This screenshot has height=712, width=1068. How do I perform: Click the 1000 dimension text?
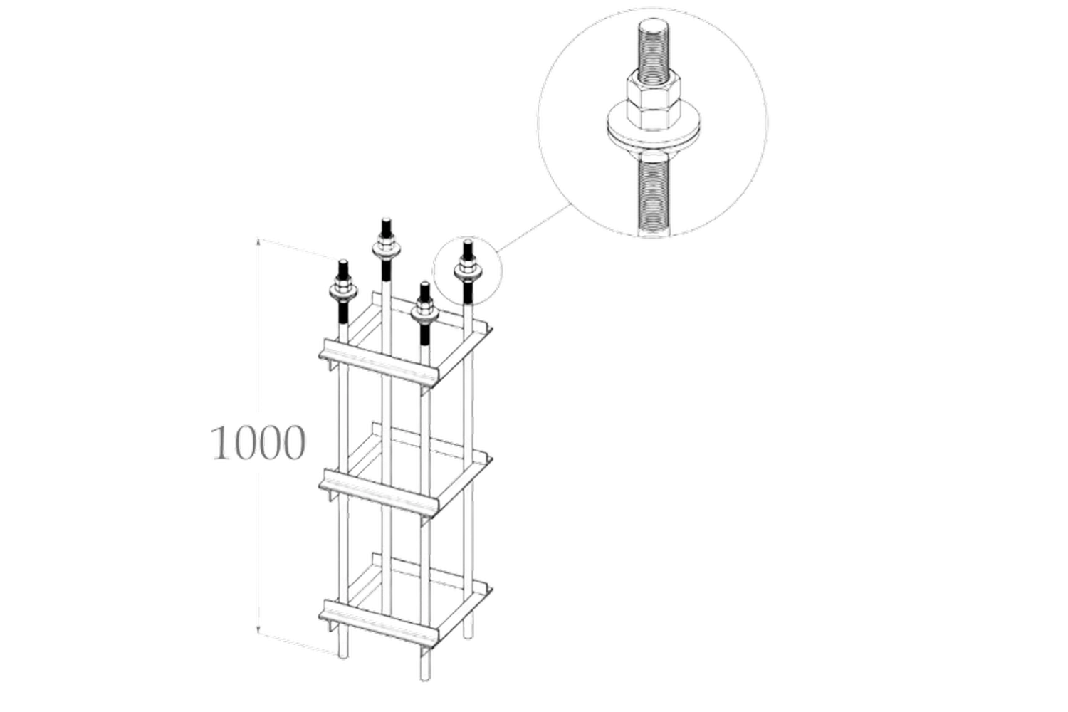click(258, 443)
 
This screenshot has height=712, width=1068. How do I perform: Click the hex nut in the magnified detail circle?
click(653, 102)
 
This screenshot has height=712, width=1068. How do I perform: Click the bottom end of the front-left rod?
click(342, 657)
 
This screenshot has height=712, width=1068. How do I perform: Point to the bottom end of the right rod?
click(468, 637)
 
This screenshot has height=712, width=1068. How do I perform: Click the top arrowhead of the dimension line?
click(258, 241)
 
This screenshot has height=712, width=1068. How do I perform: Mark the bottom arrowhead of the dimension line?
click(258, 632)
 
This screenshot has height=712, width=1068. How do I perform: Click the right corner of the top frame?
click(491, 328)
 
